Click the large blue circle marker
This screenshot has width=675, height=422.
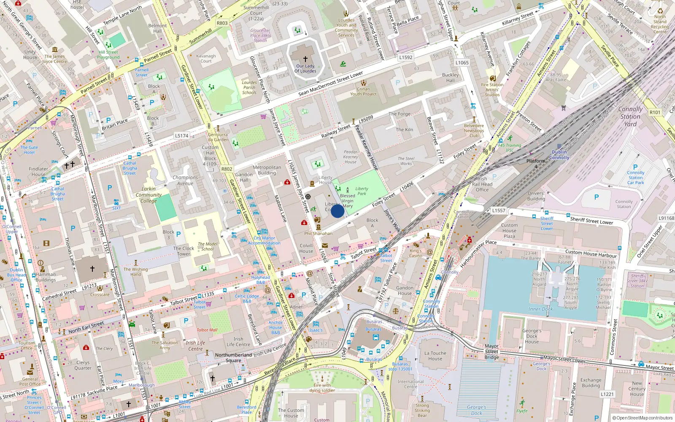click(x=337, y=211)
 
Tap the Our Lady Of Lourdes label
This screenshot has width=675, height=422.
click(x=305, y=68)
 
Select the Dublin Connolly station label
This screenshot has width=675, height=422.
click(x=559, y=155)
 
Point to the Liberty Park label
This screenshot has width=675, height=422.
click(x=362, y=191)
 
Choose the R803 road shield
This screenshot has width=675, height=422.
click(x=222, y=23)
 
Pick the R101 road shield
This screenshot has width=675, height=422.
click(x=655, y=112)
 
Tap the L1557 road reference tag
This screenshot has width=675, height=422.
click(x=499, y=210)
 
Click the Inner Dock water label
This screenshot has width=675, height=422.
click(x=540, y=309)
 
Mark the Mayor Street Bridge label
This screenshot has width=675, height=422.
click(x=491, y=352)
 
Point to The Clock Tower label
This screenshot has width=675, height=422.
click(x=184, y=251)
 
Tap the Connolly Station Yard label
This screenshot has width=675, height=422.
click(x=630, y=116)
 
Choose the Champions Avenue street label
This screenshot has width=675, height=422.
click(x=185, y=180)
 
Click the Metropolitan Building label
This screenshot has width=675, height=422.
click(x=267, y=170)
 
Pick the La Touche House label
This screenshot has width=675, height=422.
click(x=435, y=356)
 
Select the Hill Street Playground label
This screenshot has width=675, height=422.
click(x=108, y=55)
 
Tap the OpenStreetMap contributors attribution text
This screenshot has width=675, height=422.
click(x=642, y=418)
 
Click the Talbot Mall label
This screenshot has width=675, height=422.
click(x=207, y=330)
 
